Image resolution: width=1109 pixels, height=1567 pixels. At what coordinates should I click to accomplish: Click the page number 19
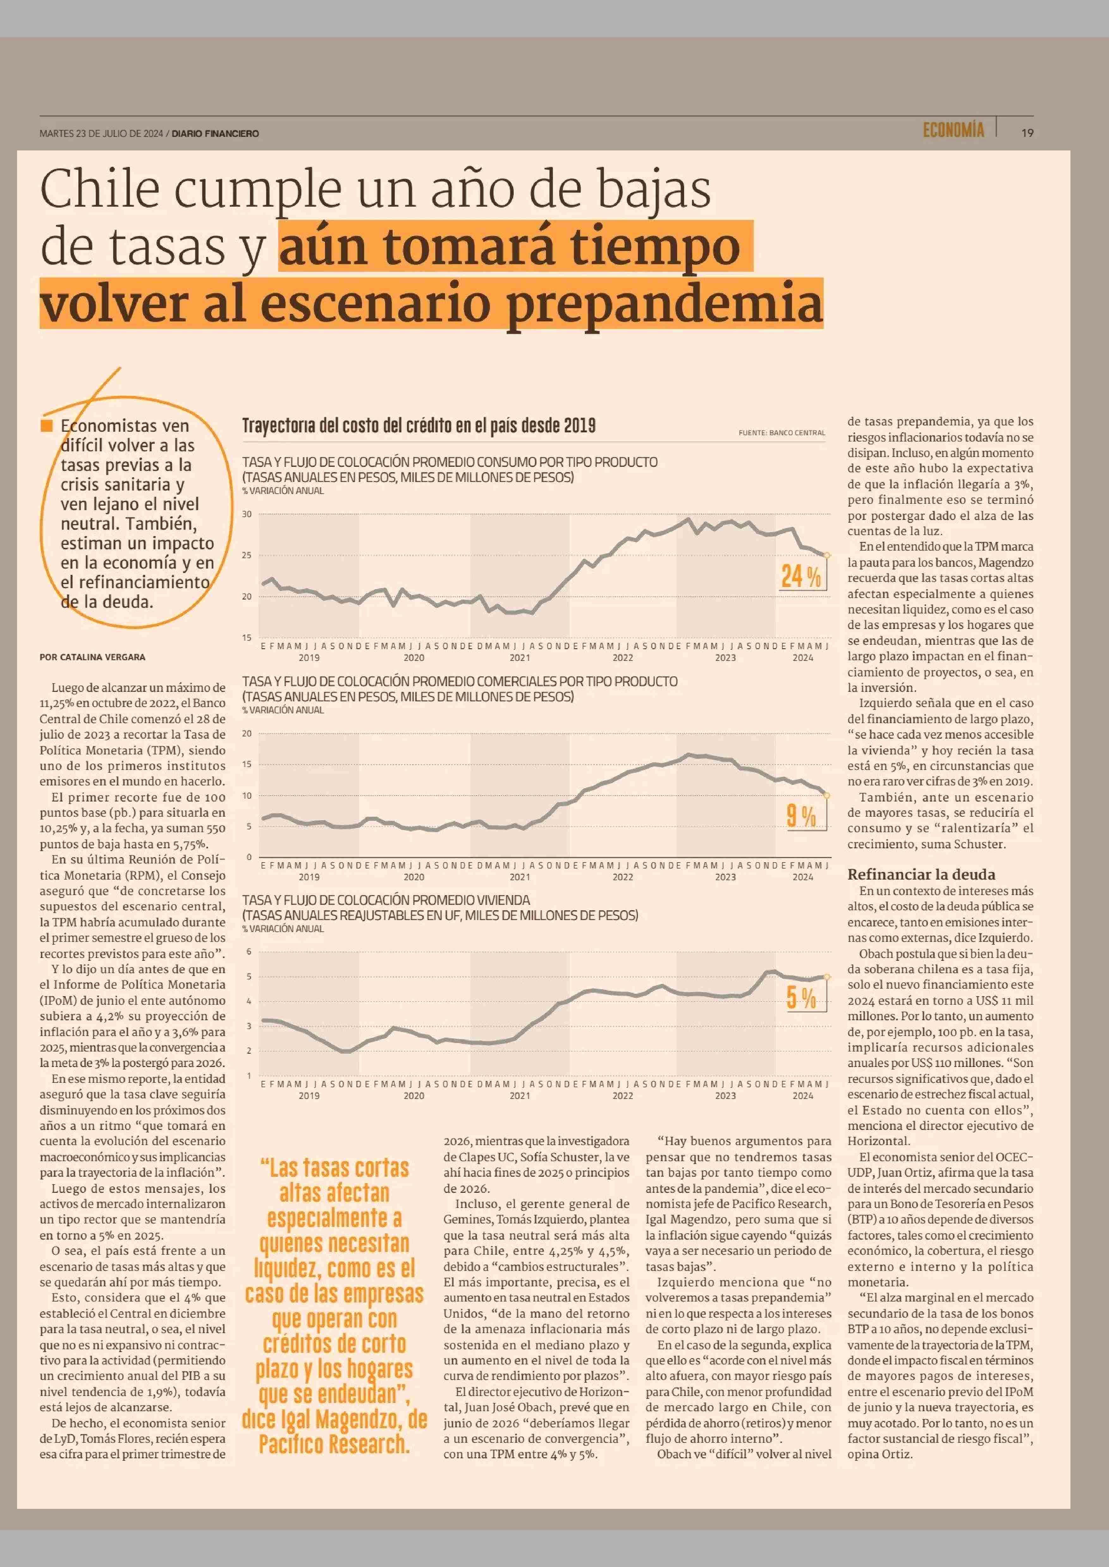pyautogui.click(x=1027, y=133)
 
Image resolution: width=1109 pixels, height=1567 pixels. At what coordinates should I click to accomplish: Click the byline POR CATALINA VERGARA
pyautogui.click(x=92, y=657)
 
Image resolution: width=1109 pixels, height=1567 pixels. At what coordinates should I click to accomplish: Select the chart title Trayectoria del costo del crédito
pyautogui.click(x=419, y=426)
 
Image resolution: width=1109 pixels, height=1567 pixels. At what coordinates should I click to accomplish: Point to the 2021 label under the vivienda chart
pyautogui.click(x=520, y=1096)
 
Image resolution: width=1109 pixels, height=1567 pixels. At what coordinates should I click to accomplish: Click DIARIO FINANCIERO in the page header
pyautogui.click(x=215, y=134)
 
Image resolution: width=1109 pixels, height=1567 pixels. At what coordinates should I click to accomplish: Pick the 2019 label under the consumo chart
pyautogui.click(x=309, y=657)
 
